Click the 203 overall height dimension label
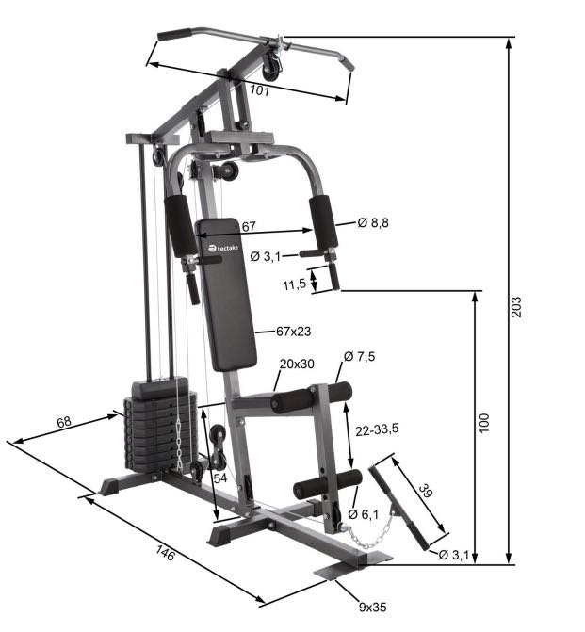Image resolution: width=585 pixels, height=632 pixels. click(516, 307)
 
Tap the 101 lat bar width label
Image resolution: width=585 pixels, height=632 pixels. click(260, 90)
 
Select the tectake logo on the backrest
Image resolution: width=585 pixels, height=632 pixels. click(223, 248)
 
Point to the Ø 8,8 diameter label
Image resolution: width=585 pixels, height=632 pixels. click(373, 222)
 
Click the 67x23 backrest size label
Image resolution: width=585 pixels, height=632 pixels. click(294, 332)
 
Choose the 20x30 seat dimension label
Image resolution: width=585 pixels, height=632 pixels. click(297, 364)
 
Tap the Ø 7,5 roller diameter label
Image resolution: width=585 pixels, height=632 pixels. click(359, 356)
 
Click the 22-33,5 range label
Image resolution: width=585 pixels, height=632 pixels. click(377, 429)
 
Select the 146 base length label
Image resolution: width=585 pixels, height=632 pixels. click(166, 553)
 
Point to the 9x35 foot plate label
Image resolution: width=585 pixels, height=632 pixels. click(372, 607)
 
